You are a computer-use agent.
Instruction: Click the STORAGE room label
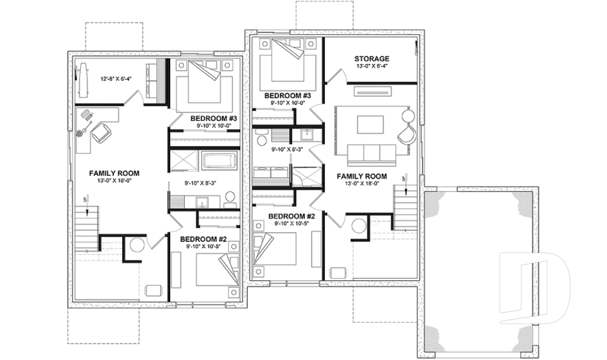point(371,59)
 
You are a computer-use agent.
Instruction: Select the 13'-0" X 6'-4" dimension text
point(371,66)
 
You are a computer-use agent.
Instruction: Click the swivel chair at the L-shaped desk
point(101,133)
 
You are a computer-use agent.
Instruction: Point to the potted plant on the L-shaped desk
point(81,133)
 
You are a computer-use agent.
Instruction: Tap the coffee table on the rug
point(371,124)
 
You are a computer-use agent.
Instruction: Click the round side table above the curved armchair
point(408,115)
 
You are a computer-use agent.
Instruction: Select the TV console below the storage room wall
point(371,92)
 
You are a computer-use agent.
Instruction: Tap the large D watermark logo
point(534,282)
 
